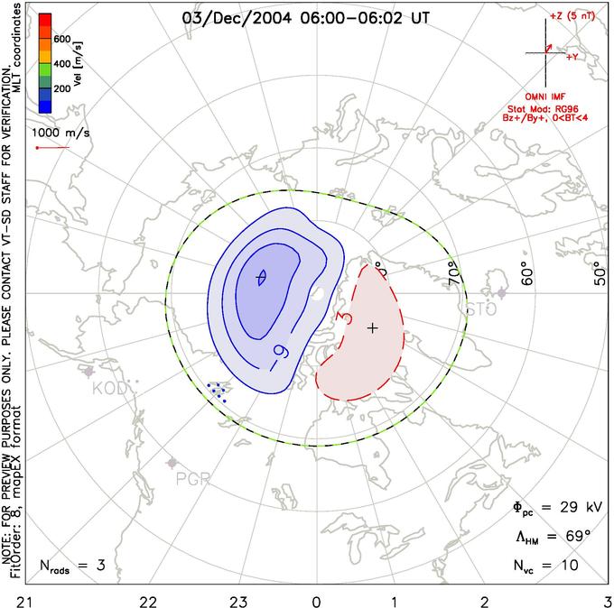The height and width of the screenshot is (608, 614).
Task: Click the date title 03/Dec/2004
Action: click(x=226, y=16)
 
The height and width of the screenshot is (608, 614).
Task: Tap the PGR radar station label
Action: click(x=192, y=477)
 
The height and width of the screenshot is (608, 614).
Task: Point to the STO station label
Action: click(x=481, y=310)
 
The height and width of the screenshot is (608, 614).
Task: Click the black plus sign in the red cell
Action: click(x=372, y=327)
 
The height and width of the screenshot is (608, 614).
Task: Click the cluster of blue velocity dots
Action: click(x=217, y=392)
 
